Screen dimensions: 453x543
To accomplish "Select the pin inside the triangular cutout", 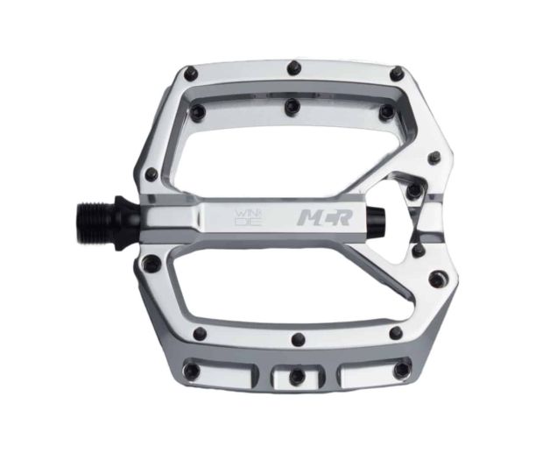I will pyautogui.click(x=413, y=189).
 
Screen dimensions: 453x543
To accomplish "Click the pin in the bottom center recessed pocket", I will pyautogui.click(x=296, y=375).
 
